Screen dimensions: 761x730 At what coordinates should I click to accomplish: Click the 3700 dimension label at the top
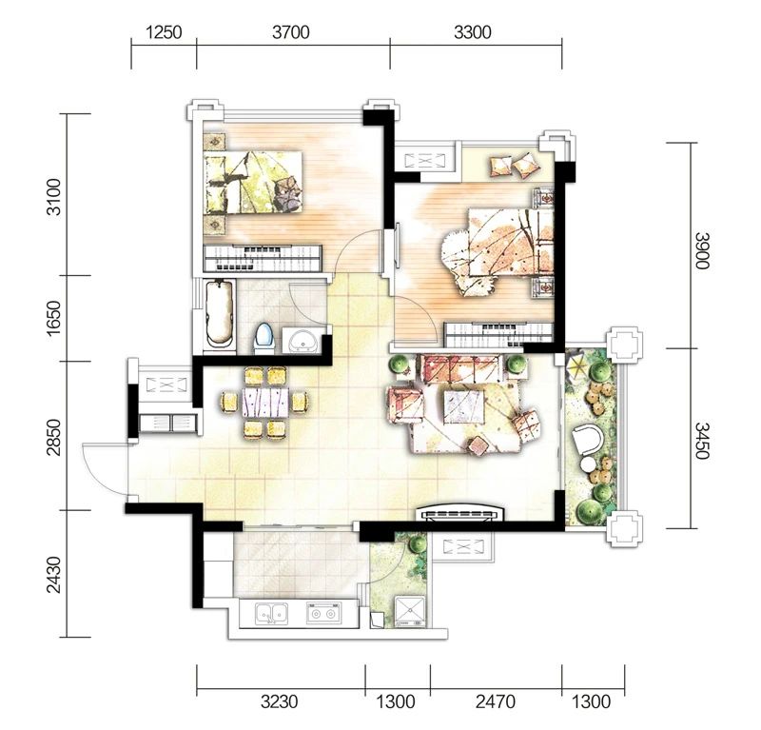point(291,32)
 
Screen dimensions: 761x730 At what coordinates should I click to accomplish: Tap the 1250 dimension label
point(164,32)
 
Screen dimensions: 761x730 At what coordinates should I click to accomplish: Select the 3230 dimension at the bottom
point(279,701)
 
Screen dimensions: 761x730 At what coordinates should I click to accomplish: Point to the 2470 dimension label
point(496,701)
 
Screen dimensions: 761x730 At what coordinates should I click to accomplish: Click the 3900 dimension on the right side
point(702,250)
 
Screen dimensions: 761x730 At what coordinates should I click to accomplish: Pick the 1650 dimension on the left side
point(54,318)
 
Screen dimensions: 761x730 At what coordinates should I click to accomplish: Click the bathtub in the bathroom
point(220,313)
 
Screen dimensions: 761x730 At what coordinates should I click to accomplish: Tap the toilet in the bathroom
point(264,339)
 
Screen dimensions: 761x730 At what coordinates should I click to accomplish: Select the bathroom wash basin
point(303,340)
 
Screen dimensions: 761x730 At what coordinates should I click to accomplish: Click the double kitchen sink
point(272,614)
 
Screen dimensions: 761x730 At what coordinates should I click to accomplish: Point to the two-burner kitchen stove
point(323,613)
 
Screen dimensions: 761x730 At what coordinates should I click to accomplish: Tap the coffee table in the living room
point(464,407)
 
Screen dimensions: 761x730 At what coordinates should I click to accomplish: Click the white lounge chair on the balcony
point(588,440)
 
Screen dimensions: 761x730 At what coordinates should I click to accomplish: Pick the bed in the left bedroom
point(253,182)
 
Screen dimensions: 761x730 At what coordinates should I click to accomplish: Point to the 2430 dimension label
point(54,575)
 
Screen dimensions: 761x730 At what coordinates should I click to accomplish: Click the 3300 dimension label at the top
point(473,32)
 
